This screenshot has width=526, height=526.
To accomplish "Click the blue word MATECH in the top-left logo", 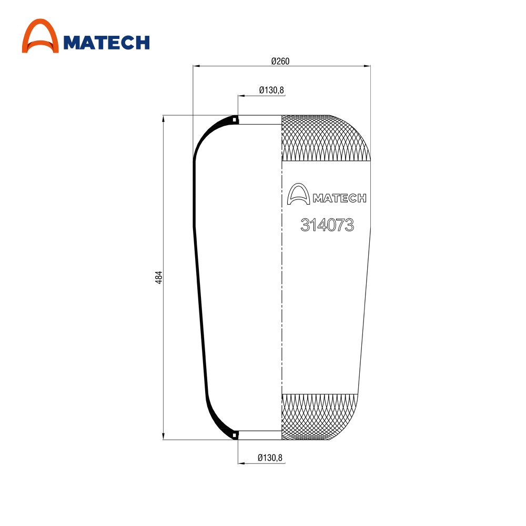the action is tap(106, 43).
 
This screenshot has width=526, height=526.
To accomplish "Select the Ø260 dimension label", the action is tap(280, 61).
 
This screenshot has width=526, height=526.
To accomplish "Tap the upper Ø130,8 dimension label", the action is tap(271, 90).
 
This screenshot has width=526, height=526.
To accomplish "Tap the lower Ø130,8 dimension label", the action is tap(270, 458).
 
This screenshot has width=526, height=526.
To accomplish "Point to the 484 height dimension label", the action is tap(158, 277).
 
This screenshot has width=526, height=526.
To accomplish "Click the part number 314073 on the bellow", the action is tap(327, 225).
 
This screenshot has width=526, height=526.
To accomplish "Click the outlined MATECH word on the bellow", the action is tap(339, 198).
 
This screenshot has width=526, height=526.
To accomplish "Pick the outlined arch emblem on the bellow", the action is tap(298, 194).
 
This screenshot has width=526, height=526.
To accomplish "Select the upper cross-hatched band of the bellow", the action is tap(326, 138).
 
